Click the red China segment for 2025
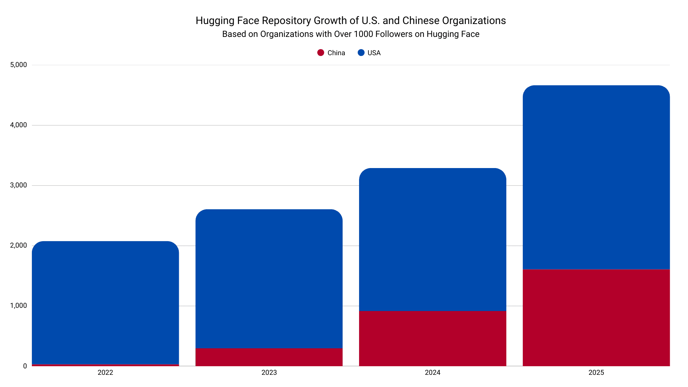(596, 317)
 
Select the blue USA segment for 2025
(596, 177)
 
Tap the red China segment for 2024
(433, 338)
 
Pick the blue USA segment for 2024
(433, 239)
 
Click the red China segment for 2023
(269, 357)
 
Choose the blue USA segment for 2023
(269, 279)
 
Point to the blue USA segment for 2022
(105, 303)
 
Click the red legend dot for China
(321, 53)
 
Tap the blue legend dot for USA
(361, 53)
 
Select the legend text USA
(374, 53)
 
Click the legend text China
(336, 53)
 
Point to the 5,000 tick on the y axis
(19, 65)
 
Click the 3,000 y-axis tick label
(19, 185)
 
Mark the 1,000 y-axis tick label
(19, 306)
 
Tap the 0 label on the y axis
(25, 366)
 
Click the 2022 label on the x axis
(105, 373)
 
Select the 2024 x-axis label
(433, 373)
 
